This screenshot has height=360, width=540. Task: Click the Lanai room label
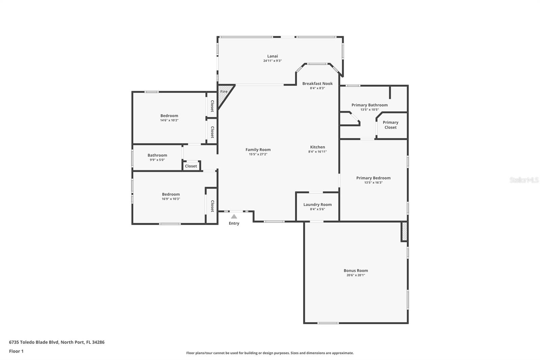point(272,56)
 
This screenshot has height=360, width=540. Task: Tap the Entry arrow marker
point(234,216)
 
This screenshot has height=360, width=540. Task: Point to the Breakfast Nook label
point(317,83)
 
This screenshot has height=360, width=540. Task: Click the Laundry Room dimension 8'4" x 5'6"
point(317,209)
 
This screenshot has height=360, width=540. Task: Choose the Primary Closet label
point(390,125)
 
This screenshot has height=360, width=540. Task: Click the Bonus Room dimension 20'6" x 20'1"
point(356,275)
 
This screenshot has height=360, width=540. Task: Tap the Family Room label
point(258,150)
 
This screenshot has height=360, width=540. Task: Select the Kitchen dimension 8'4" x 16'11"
point(317,152)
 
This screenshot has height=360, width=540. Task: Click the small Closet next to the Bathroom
point(191,166)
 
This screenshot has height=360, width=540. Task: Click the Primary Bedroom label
point(373,178)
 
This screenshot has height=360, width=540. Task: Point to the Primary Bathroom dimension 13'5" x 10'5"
point(370,109)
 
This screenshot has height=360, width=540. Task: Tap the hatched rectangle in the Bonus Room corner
point(404,231)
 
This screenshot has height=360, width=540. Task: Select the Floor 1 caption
point(16,351)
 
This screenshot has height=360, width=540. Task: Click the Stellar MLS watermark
point(524,180)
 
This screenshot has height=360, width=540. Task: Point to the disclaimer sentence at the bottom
point(270,353)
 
